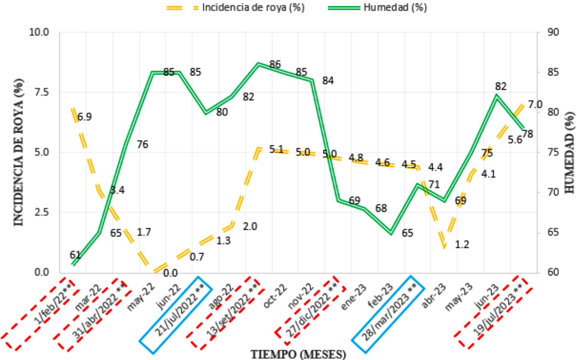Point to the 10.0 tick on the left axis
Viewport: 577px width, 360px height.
click(x=39, y=32)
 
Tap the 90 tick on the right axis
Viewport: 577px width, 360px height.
click(x=553, y=32)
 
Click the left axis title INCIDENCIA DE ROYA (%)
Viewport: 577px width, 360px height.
click(x=19, y=152)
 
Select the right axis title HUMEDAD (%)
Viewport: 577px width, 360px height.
click(x=569, y=152)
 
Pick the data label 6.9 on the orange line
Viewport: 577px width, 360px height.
click(x=85, y=117)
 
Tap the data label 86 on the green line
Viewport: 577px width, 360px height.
click(x=275, y=64)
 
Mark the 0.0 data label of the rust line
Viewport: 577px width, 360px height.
click(x=170, y=273)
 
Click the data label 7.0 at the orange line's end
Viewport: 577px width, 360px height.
click(x=535, y=105)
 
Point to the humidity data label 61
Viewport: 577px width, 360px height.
click(x=75, y=255)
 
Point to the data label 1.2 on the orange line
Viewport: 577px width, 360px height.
click(x=462, y=244)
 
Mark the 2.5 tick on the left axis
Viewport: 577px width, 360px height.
click(x=41, y=212)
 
